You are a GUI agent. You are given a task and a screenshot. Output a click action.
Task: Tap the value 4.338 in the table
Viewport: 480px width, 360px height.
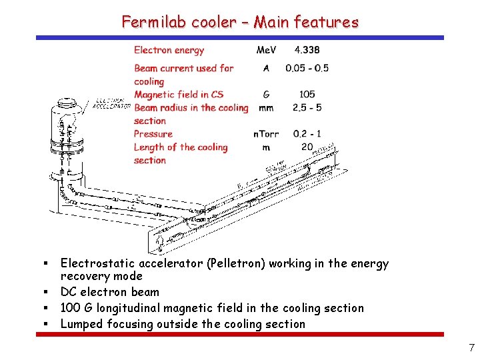[x=307, y=50]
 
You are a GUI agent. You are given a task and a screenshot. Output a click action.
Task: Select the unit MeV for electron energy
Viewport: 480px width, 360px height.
[x=266, y=50]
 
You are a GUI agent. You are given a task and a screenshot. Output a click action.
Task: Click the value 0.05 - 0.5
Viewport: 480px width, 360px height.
[x=307, y=68]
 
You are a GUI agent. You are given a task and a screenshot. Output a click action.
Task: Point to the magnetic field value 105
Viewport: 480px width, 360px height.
[x=307, y=95]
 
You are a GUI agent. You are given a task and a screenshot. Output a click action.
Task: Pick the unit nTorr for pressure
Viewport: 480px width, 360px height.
[x=266, y=134]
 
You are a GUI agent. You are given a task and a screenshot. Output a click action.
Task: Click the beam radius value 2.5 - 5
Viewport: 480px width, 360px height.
[x=307, y=108]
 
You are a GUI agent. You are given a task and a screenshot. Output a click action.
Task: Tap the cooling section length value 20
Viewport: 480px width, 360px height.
[x=307, y=147]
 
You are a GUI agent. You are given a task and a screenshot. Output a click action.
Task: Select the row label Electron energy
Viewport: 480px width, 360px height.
[x=169, y=50]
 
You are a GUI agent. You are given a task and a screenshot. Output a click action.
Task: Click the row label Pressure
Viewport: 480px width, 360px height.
[x=153, y=134]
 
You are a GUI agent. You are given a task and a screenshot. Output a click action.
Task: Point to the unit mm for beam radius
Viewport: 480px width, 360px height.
[x=266, y=108]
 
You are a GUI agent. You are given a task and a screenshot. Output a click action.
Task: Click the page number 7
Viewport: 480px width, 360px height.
[x=471, y=347]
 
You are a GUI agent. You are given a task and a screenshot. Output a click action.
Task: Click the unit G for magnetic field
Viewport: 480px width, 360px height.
[x=266, y=95]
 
